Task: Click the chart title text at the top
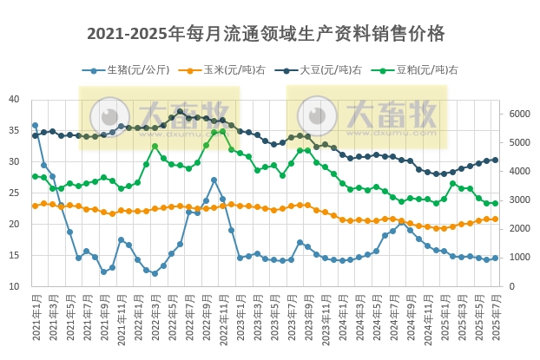tap(267, 34)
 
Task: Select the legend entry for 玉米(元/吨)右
tap(229, 69)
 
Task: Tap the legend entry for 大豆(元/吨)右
tap(326, 69)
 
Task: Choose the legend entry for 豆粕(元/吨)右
tap(423, 69)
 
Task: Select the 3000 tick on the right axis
tap(519, 200)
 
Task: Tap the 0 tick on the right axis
tap(511, 286)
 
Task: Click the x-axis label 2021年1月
tap(35, 317)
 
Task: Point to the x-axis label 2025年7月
tap(496, 317)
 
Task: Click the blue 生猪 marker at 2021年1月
tap(35, 126)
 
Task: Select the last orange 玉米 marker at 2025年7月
tap(495, 219)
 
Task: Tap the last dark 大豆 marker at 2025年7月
tap(495, 160)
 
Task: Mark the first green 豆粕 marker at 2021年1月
tap(35, 176)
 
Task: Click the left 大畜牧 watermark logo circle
tap(110, 116)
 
